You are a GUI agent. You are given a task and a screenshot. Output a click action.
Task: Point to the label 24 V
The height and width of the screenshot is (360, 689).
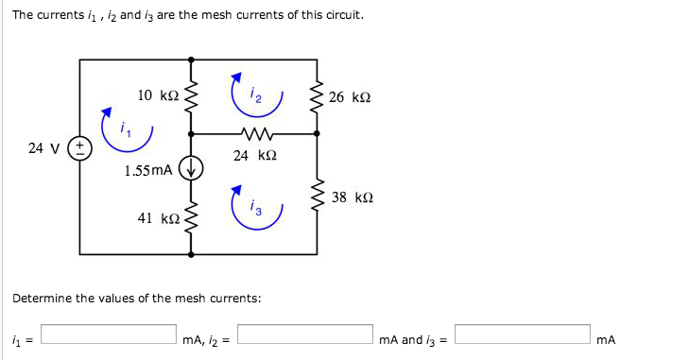click(x=43, y=148)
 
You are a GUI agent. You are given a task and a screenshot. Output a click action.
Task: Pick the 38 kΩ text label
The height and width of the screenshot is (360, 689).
click(x=353, y=198)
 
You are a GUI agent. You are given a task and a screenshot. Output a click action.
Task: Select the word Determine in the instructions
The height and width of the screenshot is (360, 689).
click(x=43, y=299)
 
